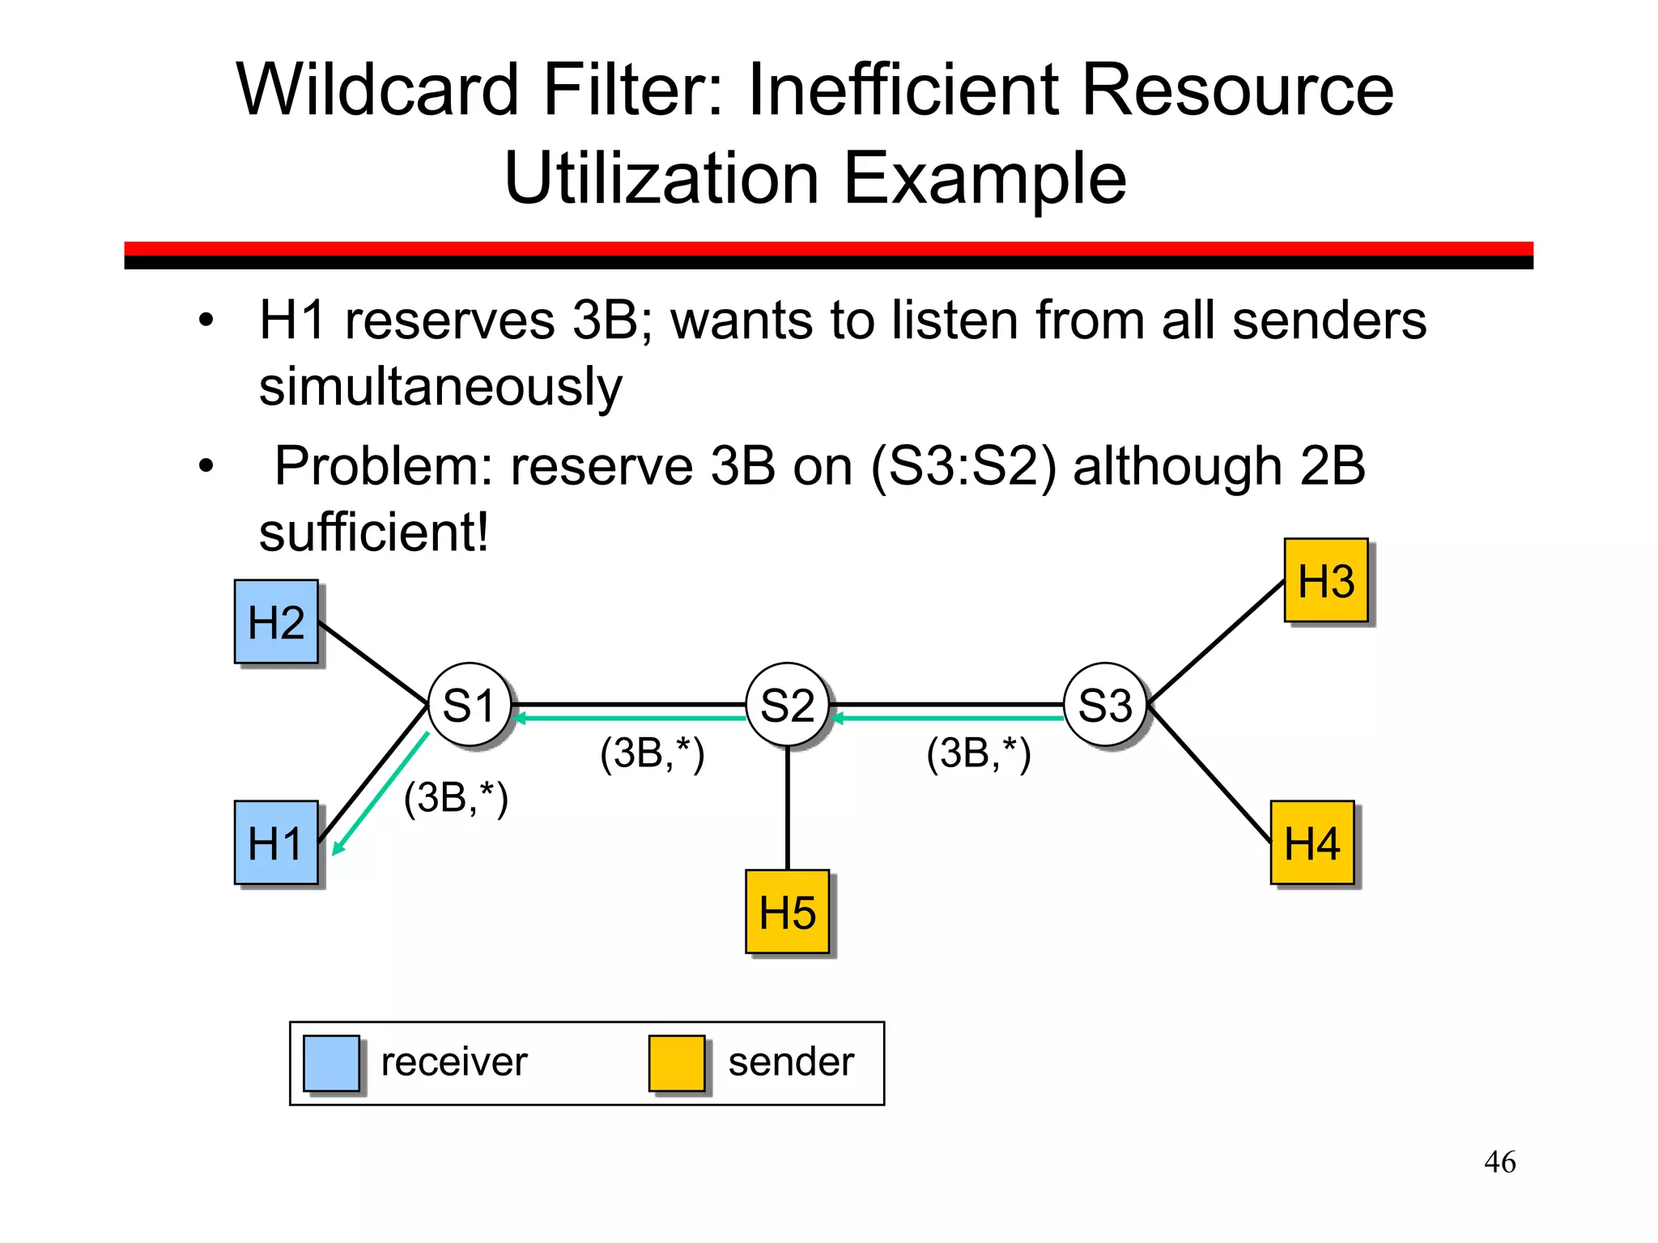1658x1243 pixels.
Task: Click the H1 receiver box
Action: tap(276, 842)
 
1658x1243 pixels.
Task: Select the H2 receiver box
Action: tap(276, 621)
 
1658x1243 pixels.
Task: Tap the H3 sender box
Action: tap(1326, 580)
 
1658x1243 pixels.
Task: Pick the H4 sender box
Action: tap(1312, 842)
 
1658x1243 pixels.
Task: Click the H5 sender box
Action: tap(787, 912)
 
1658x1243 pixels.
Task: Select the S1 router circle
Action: tap(470, 705)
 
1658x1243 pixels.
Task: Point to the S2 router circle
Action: tap(787, 705)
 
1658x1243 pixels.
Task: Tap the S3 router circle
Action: tap(1105, 705)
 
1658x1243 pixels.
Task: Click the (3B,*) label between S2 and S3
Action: tap(979, 754)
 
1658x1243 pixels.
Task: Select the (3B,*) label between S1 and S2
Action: tap(653, 754)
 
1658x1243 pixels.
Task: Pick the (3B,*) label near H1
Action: tap(456, 799)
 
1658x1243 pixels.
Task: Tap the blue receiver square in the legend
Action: tap(331, 1063)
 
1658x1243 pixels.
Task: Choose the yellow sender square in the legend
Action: tap(677, 1063)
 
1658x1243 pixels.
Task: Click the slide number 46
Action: tap(1499, 1162)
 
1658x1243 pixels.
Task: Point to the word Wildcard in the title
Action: tap(377, 90)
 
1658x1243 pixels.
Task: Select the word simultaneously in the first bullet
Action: tap(440, 387)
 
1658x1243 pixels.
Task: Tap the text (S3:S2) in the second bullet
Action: tap(963, 467)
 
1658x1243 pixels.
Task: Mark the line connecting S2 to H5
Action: tap(788, 809)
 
